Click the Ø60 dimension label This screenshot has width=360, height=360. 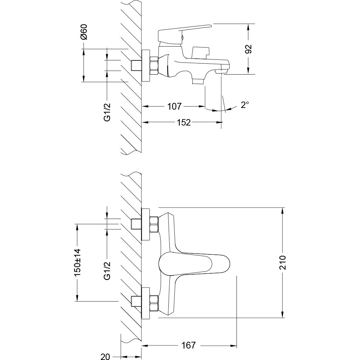(84, 32)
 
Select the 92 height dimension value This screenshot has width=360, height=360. (249, 49)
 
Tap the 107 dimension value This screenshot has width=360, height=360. (174, 107)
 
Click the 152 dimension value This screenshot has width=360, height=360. (184, 122)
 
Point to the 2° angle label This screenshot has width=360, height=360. (245, 105)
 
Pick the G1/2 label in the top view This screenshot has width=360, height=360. (107, 112)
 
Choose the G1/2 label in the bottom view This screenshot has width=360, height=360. (107, 271)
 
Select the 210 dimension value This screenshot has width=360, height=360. (283, 262)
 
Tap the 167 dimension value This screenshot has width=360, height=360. (188, 345)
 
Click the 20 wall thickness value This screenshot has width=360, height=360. (105, 357)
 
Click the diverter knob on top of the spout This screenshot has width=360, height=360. (199, 53)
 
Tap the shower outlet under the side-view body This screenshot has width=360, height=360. (198, 81)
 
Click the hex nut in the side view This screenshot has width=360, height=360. (154, 65)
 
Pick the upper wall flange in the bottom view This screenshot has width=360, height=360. (146, 224)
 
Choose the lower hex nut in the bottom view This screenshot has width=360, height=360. (154, 303)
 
